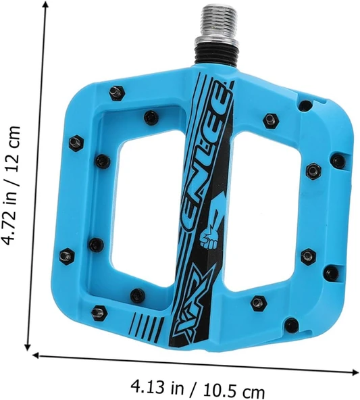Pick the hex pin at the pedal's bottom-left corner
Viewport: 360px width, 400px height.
point(99,312)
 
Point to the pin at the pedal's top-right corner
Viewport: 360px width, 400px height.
point(305,105)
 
